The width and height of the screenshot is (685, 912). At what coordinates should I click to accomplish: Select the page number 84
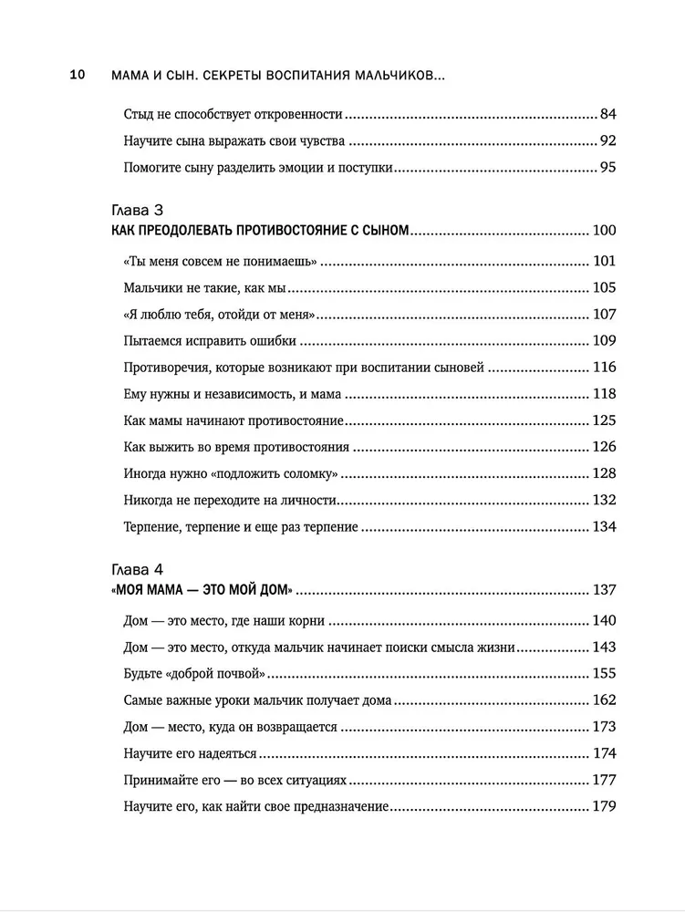[608, 115]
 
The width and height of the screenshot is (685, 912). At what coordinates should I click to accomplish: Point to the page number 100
[605, 232]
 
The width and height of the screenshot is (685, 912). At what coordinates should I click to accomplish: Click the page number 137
[605, 589]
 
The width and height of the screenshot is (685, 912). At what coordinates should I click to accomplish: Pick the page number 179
[605, 806]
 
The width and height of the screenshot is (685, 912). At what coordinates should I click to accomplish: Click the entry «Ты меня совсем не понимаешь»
[219, 263]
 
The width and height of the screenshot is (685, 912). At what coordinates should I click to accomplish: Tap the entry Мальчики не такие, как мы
[203, 289]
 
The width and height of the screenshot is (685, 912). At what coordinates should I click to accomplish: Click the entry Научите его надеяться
[189, 753]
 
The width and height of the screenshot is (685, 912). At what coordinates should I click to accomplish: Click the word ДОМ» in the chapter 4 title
[278, 589]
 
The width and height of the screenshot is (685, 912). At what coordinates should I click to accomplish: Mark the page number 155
[605, 675]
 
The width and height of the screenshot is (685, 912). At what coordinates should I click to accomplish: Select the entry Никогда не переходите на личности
[230, 501]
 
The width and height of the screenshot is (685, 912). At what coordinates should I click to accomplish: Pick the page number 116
[605, 368]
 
